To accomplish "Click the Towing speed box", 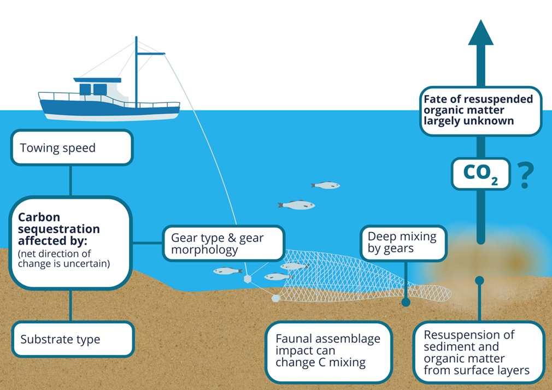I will [71, 147].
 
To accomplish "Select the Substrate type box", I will [72, 339].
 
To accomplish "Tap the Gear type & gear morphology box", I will [224, 244].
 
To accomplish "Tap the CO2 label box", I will [480, 174].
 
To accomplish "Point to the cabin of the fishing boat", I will [98, 88].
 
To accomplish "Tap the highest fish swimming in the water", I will [326, 185].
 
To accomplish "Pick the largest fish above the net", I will [297, 205].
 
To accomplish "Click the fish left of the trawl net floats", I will [227, 270].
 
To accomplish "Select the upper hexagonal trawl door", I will [248, 279].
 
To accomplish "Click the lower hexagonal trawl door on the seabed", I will [276, 298].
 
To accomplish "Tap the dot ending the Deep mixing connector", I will [406, 302].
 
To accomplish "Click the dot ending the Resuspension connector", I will [479, 280].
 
